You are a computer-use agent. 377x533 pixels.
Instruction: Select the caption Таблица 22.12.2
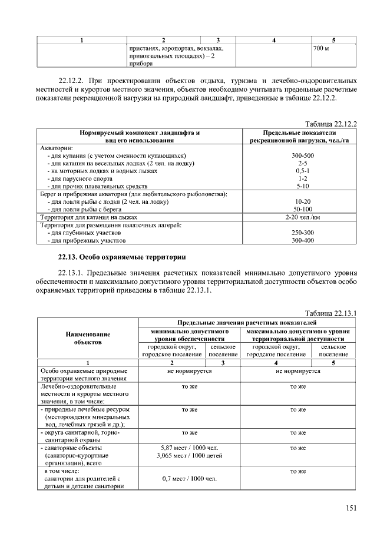click(x=331, y=123)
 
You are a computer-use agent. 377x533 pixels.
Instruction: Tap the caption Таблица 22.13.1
click(x=331, y=313)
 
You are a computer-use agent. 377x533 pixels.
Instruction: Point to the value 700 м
click(x=322, y=48)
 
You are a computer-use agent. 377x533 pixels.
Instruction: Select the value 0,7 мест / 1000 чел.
click(x=184, y=479)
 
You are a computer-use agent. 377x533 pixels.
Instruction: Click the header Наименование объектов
click(x=88, y=337)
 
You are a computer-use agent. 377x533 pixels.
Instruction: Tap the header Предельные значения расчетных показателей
click(x=247, y=323)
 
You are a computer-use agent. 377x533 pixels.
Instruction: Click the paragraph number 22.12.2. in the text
click(x=73, y=80)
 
